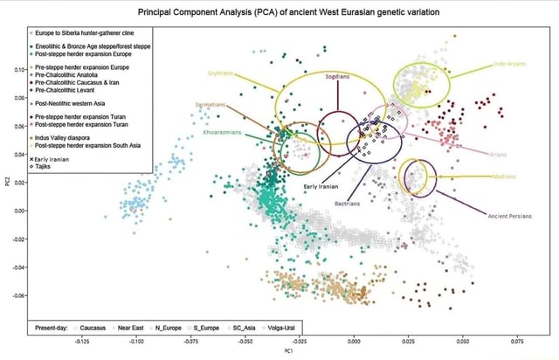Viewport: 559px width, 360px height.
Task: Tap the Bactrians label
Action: tap(349, 206)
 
